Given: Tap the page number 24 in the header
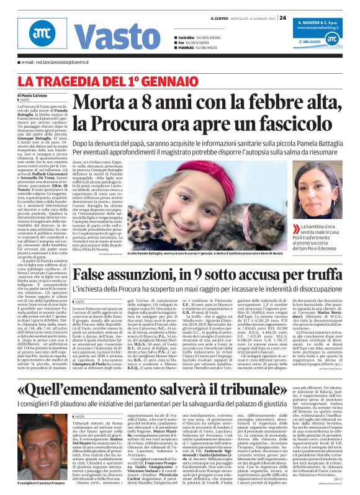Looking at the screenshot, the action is pyautogui.click(x=282, y=18).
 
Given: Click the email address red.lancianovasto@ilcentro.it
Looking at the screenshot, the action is pyautogui.click(x=57, y=63).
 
